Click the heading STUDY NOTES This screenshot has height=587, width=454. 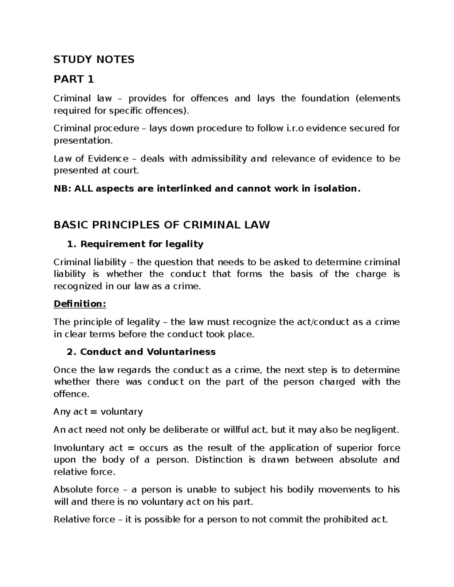[94, 59]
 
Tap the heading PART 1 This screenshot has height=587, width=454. [73, 79]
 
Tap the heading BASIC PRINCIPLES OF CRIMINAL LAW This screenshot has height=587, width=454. [162, 225]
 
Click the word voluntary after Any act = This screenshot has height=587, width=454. [121, 412]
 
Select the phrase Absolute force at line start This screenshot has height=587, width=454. [86, 490]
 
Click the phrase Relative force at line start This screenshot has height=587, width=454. [84, 520]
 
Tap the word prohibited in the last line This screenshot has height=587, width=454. [344, 520]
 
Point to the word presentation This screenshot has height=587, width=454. [83, 141]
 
